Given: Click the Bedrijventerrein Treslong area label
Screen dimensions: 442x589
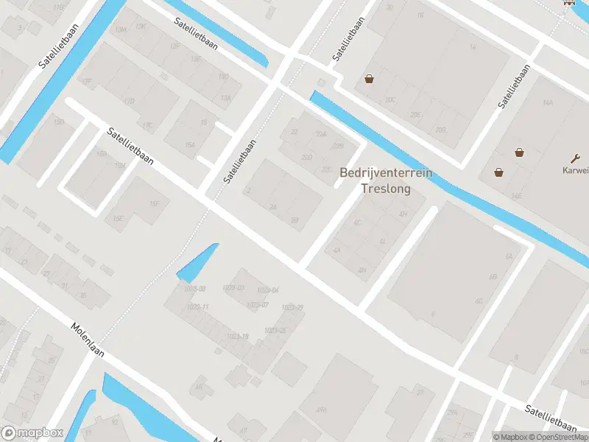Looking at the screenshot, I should point(386,180).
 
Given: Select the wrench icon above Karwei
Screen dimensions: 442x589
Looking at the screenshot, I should point(576,157).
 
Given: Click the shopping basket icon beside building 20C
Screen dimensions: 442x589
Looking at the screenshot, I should point(368,79).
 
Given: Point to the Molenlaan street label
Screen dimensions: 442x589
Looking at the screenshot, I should point(88,340).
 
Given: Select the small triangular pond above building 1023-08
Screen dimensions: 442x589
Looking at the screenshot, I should point(199,261).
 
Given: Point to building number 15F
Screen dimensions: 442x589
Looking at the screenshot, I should point(154,203).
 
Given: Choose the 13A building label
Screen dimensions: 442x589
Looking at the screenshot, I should point(226,97).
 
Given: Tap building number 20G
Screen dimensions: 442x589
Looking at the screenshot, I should point(440,130).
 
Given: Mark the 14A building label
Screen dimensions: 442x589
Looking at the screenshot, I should point(547,103).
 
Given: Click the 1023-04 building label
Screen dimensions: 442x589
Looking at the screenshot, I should point(269,290).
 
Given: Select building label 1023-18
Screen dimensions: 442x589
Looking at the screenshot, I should point(238,336).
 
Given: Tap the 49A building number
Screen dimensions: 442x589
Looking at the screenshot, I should point(321,410).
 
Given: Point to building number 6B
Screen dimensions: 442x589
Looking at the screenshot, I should point(493,276).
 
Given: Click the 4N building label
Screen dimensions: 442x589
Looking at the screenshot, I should point(361,270).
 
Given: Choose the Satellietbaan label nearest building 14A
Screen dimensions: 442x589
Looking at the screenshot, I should point(514,87).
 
